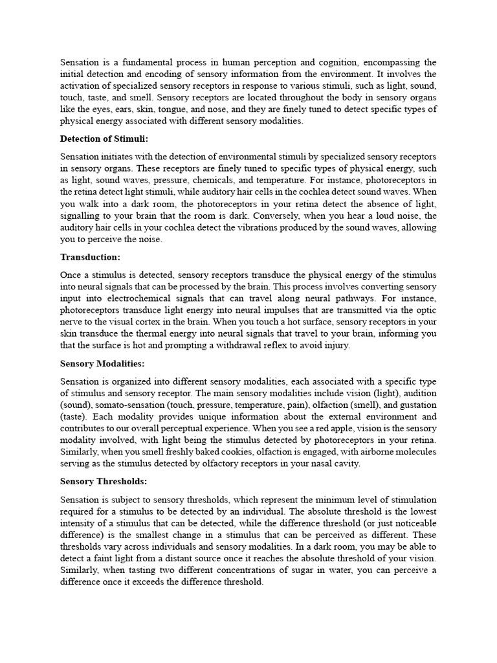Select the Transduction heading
90,257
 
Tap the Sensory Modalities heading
102,364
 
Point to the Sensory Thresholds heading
104,482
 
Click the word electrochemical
136,298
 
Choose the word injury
337,346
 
